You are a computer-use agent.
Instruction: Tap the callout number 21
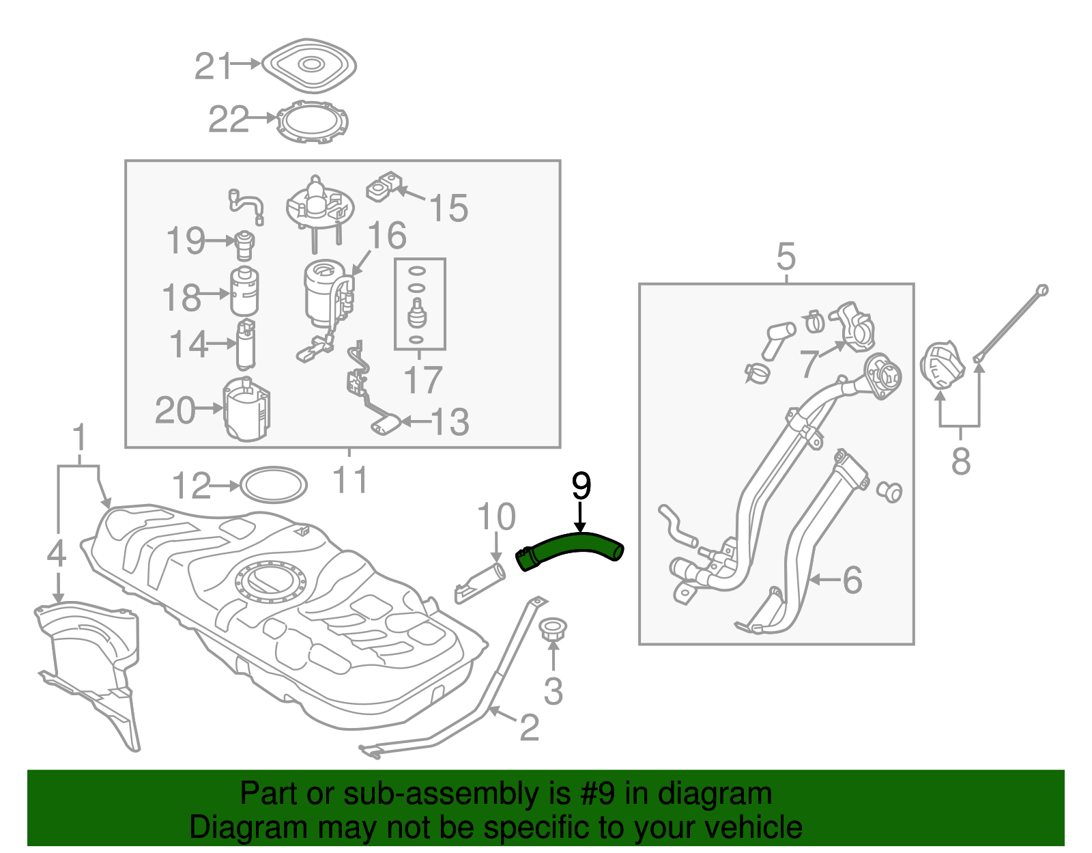[x=213, y=67]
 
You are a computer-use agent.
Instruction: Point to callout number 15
[x=448, y=208]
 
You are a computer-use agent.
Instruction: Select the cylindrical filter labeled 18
[x=244, y=292]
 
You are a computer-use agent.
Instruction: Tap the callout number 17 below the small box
[x=422, y=380]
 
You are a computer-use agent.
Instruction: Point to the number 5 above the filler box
[x=786, y=257]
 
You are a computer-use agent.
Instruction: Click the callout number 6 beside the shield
[x=852, y=580]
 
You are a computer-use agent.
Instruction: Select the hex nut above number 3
[x=553, y=629]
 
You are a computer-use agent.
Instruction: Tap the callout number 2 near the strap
[x=530, y=728]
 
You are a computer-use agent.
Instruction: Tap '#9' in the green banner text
[x=599, y=794]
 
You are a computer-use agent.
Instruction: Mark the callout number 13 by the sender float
[x=450, y=422]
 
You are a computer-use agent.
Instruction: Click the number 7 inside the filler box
[x=809, y=363]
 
